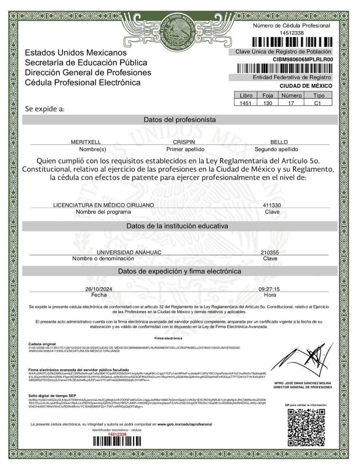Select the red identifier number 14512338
[117, 434]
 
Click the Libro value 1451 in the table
[246, 103]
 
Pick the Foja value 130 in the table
[268, 103]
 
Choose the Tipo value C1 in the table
[317, 103]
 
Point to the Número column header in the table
[291, 96]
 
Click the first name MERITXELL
[86, 142]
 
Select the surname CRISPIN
[184, 142]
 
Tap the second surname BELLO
[279, 142]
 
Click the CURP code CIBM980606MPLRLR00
[303, 60]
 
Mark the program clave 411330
[272, 205]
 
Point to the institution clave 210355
[270, 252]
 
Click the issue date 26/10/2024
[98, 289]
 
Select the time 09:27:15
[269, 289]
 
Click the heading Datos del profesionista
[179, 120]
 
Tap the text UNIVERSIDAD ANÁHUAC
[129, 252]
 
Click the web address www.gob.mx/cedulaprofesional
[185, 424]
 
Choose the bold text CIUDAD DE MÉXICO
[306, 86]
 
